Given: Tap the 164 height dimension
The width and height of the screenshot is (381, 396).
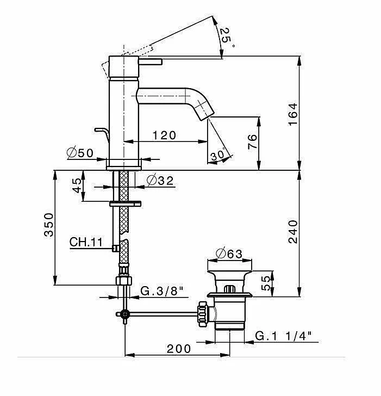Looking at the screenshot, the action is [293, 114].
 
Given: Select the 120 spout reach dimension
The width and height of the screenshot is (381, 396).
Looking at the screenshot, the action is [164, 135].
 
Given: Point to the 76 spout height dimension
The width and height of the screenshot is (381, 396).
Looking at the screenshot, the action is [252, 141].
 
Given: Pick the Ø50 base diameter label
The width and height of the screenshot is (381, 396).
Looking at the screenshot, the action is [80, 153].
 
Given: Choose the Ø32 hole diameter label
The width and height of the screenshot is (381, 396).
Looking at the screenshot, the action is [160, 181].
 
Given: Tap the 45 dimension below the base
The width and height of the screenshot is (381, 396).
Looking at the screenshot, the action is [77, 185].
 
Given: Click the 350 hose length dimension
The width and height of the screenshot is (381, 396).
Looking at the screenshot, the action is [49, 225].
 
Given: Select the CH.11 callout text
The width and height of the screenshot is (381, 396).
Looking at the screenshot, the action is [86, 242].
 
